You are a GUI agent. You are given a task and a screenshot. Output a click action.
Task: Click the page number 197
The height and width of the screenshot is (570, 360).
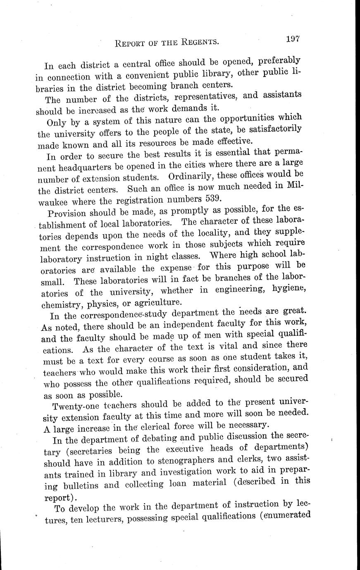tap(292, 39)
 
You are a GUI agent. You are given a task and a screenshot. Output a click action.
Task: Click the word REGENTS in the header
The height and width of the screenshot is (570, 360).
tap(198, 42)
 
